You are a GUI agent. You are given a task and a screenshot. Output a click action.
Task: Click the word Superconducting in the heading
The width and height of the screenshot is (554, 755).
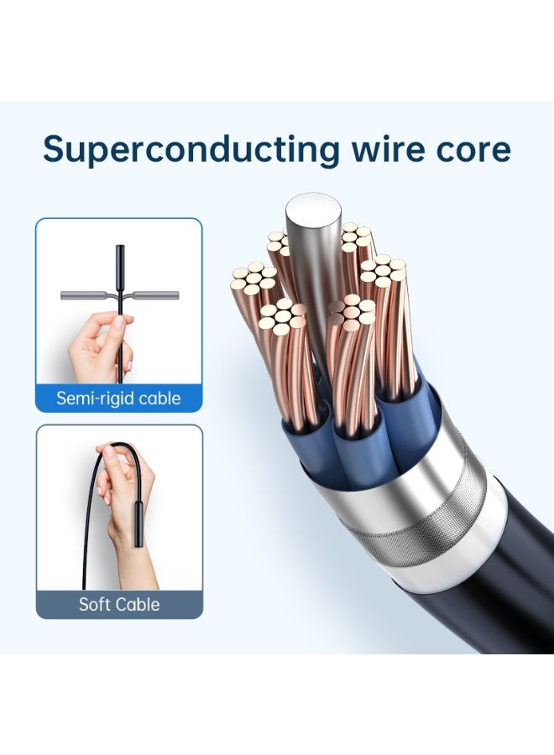point(191,150)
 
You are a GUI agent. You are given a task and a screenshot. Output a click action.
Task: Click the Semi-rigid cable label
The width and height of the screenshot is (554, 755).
point(118,398)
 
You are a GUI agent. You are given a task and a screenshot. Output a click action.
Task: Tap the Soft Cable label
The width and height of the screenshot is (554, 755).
point(119,604)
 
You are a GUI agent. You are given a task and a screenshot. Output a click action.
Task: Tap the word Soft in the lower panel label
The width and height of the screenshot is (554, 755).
point(94,604)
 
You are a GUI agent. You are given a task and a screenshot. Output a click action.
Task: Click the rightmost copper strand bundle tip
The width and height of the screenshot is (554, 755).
point(384,268)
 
